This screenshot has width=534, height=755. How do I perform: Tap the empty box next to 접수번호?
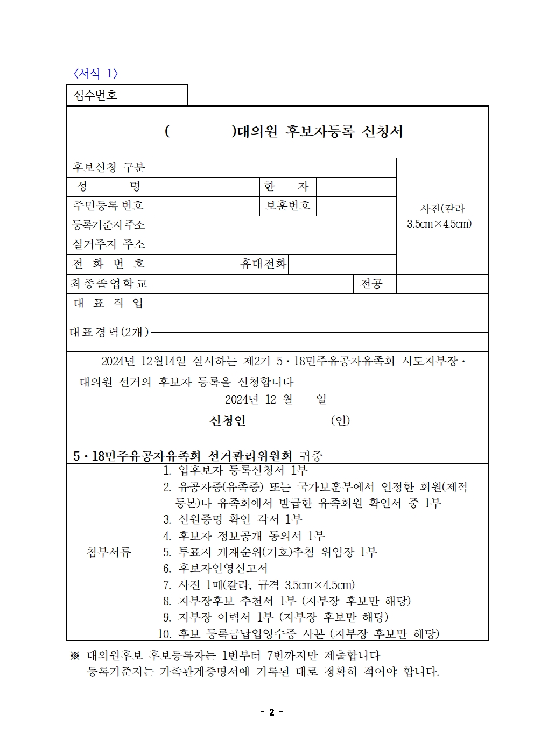(160, 95)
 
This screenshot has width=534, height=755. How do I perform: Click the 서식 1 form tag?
(95, 74)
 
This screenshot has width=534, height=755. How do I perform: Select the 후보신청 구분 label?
(109, 167)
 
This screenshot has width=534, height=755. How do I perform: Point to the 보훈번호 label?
(287, 206)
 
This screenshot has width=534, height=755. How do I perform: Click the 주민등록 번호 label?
(109, 206)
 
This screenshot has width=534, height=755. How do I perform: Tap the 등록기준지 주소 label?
(109, 225)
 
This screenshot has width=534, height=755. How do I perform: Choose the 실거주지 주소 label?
(109, 244)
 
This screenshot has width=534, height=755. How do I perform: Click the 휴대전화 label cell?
(263, 264)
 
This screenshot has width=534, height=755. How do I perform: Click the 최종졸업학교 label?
(109, 284)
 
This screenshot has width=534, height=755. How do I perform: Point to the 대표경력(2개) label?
(109, 332)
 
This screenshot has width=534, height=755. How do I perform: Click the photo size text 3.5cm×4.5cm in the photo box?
(439, 224)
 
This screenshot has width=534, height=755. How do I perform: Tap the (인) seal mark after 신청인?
(340, 420)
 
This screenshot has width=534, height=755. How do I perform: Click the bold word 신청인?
(228, 420)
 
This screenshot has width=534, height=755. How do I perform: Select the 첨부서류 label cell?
(109, 552)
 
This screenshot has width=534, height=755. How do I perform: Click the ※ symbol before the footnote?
(75, 656)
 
